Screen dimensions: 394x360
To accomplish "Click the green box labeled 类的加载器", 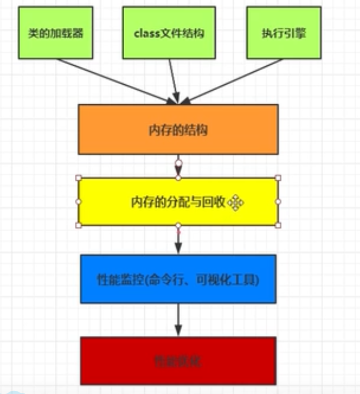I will (x=55, y=33).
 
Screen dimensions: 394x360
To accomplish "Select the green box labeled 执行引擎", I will (x=284, y=33).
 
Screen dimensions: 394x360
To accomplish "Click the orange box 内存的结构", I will (x=178, y=130).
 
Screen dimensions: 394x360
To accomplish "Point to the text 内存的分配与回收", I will (x=178, y=202).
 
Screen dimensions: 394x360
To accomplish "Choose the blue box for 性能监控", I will (x=178, y=279).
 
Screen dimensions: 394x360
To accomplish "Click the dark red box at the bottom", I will (x=178, y=361).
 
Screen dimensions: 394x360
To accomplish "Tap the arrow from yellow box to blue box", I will (x=178, y=240).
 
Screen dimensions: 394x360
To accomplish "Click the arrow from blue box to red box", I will (x=178, y=320).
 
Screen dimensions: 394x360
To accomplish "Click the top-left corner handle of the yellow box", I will (x=78, y=178).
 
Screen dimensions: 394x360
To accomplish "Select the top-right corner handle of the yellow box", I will (x=278, y=178).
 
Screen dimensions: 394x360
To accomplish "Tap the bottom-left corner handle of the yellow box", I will (x=78, y=225).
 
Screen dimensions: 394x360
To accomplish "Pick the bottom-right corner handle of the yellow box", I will (x=278, y=225).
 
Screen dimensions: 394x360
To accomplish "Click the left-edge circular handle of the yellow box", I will (x=78, y=201).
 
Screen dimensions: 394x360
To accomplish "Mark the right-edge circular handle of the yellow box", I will (x=278, y=201).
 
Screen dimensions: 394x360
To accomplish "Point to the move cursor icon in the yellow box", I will (x=235, y=203).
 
